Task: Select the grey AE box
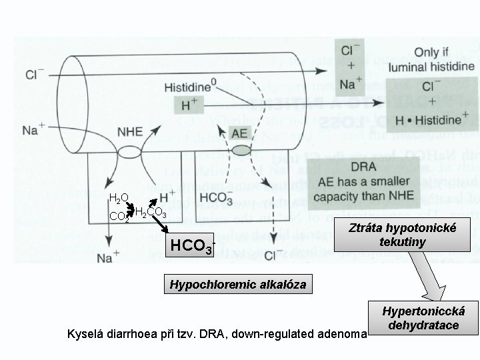click(x=239, y=133)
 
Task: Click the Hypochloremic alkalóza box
click(x=238, y=285)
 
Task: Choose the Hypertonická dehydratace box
click(x=425, y=319)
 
